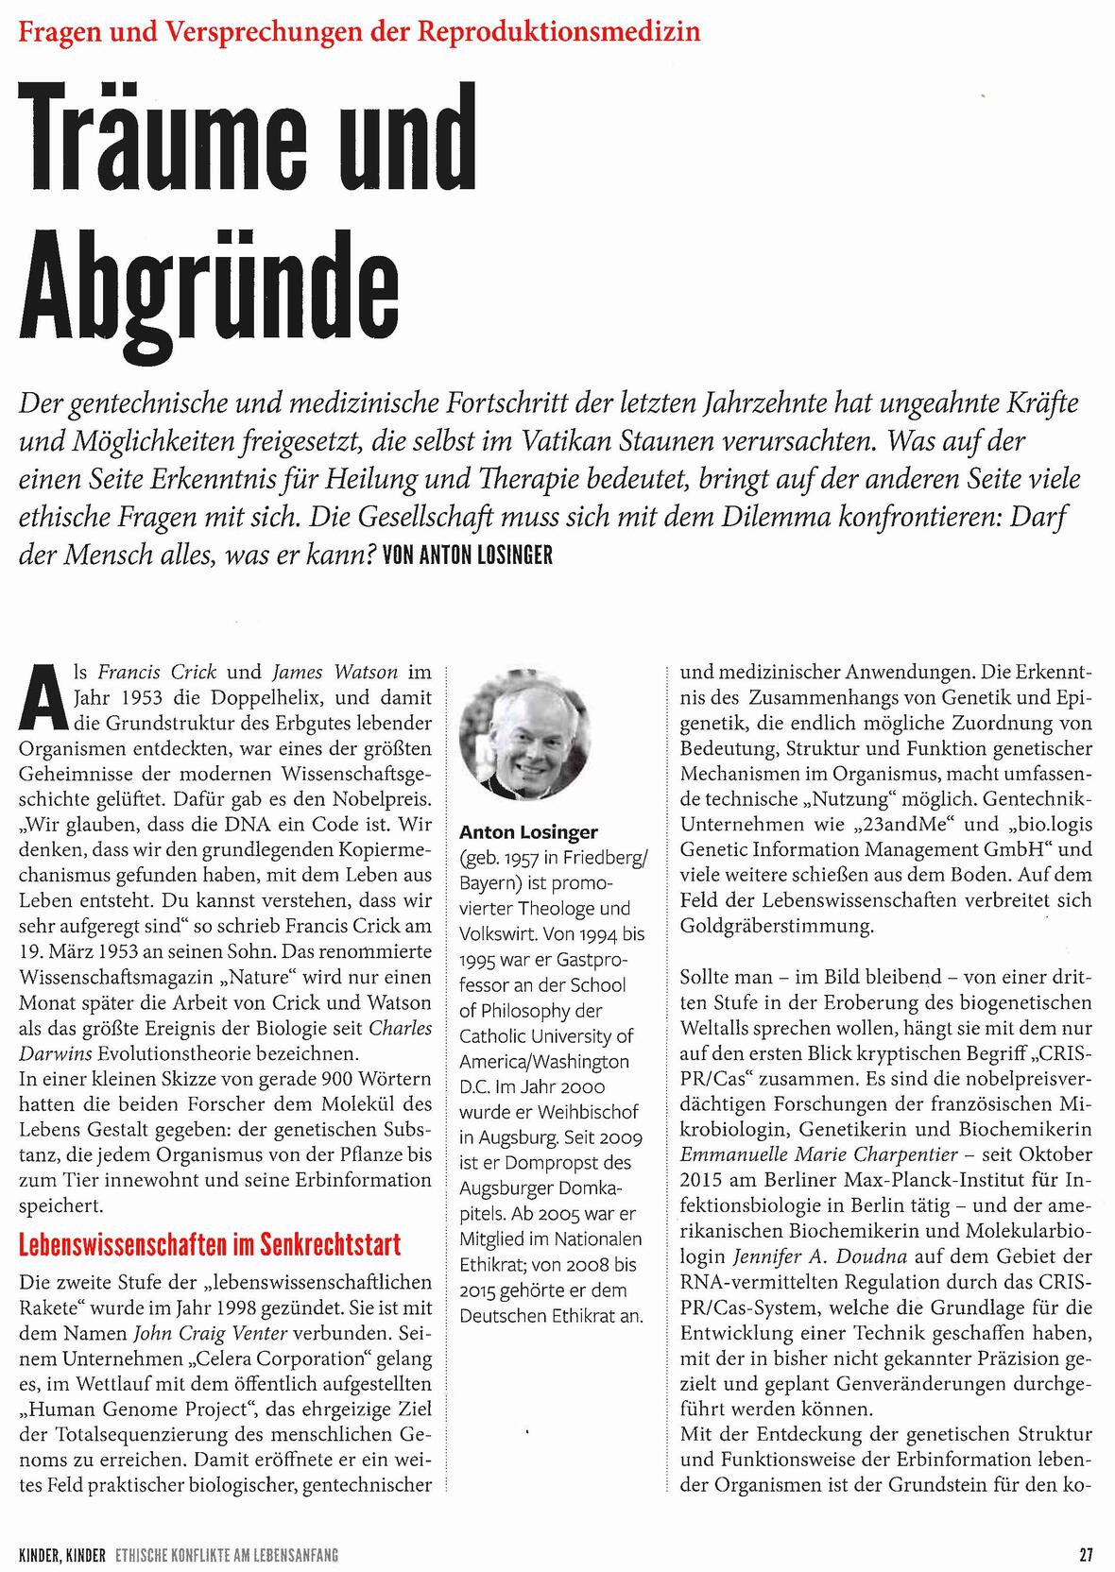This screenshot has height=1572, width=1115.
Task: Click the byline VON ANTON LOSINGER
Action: (x=468, y=555)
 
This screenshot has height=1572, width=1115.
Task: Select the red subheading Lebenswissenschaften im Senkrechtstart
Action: (x=210, y=1244)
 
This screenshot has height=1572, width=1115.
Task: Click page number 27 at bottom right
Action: (x=1086, y=1554)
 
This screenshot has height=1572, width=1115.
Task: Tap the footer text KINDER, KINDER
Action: (x=61, y=1554)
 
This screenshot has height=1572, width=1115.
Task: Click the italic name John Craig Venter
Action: (x=232, y=1334)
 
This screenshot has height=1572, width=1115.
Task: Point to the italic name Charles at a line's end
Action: (x=400, y=1027)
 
